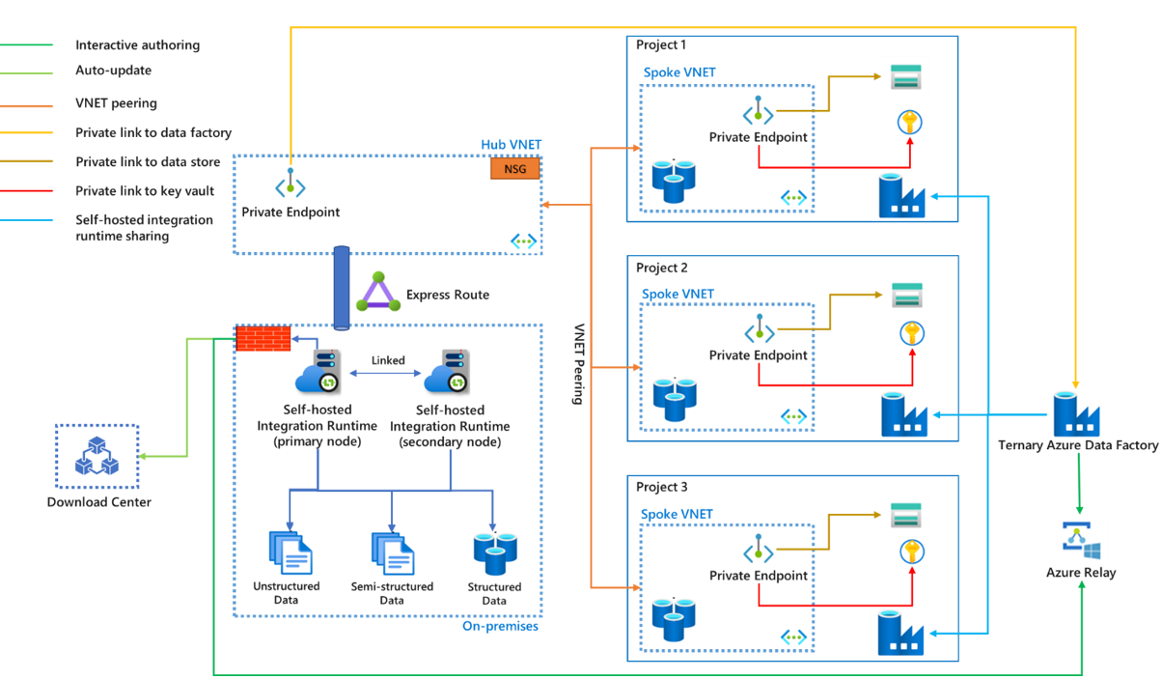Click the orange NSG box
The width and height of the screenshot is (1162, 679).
tap(514, 170)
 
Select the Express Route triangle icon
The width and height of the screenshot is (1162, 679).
tap(378, 293)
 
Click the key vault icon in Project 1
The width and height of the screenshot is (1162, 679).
tap(908, 123)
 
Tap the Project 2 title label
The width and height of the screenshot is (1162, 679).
tap(660, 268)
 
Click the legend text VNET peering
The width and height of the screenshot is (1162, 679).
tap(116, 103)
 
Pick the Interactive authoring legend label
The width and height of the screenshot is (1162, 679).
tap(137, 44)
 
